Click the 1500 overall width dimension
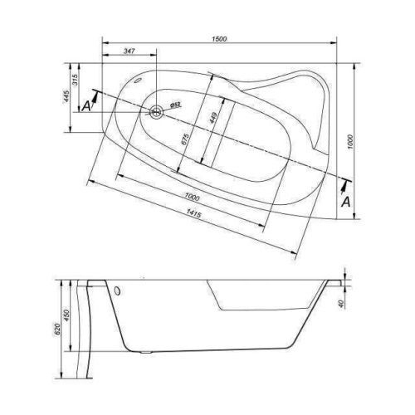click(219, 39)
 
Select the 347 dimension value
click(129, 51)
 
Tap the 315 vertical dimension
click(76, 80)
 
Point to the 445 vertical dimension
click(66, 96)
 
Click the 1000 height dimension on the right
click(350, 142)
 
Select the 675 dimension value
click(186, 139)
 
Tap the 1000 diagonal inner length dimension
click(192, 197)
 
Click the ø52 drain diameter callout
click(175, 105)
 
